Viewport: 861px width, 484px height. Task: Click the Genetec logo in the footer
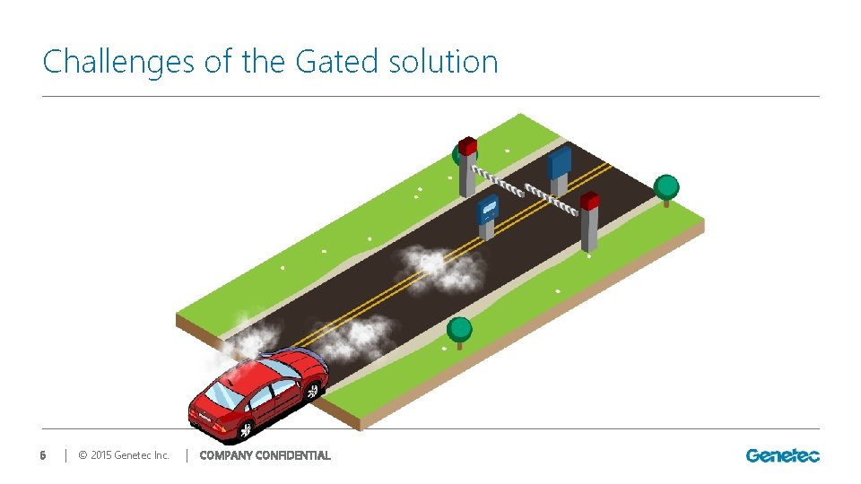point(782,455)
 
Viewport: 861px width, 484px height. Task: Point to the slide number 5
point(42,455)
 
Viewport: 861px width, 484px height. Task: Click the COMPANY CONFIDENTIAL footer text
point(265,455)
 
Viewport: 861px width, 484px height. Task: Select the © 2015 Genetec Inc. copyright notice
point(124,455)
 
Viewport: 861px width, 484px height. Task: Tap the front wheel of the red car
point(312,390)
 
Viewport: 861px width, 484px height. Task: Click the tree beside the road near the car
point(459,330)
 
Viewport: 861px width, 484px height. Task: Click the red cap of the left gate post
point(467,145)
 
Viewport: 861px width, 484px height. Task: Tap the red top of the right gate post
point(589,201)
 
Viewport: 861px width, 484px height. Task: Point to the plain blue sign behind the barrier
point(560,163)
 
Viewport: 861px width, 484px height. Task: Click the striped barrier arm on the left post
point(499,181)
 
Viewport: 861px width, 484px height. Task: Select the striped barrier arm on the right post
point(551,199)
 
